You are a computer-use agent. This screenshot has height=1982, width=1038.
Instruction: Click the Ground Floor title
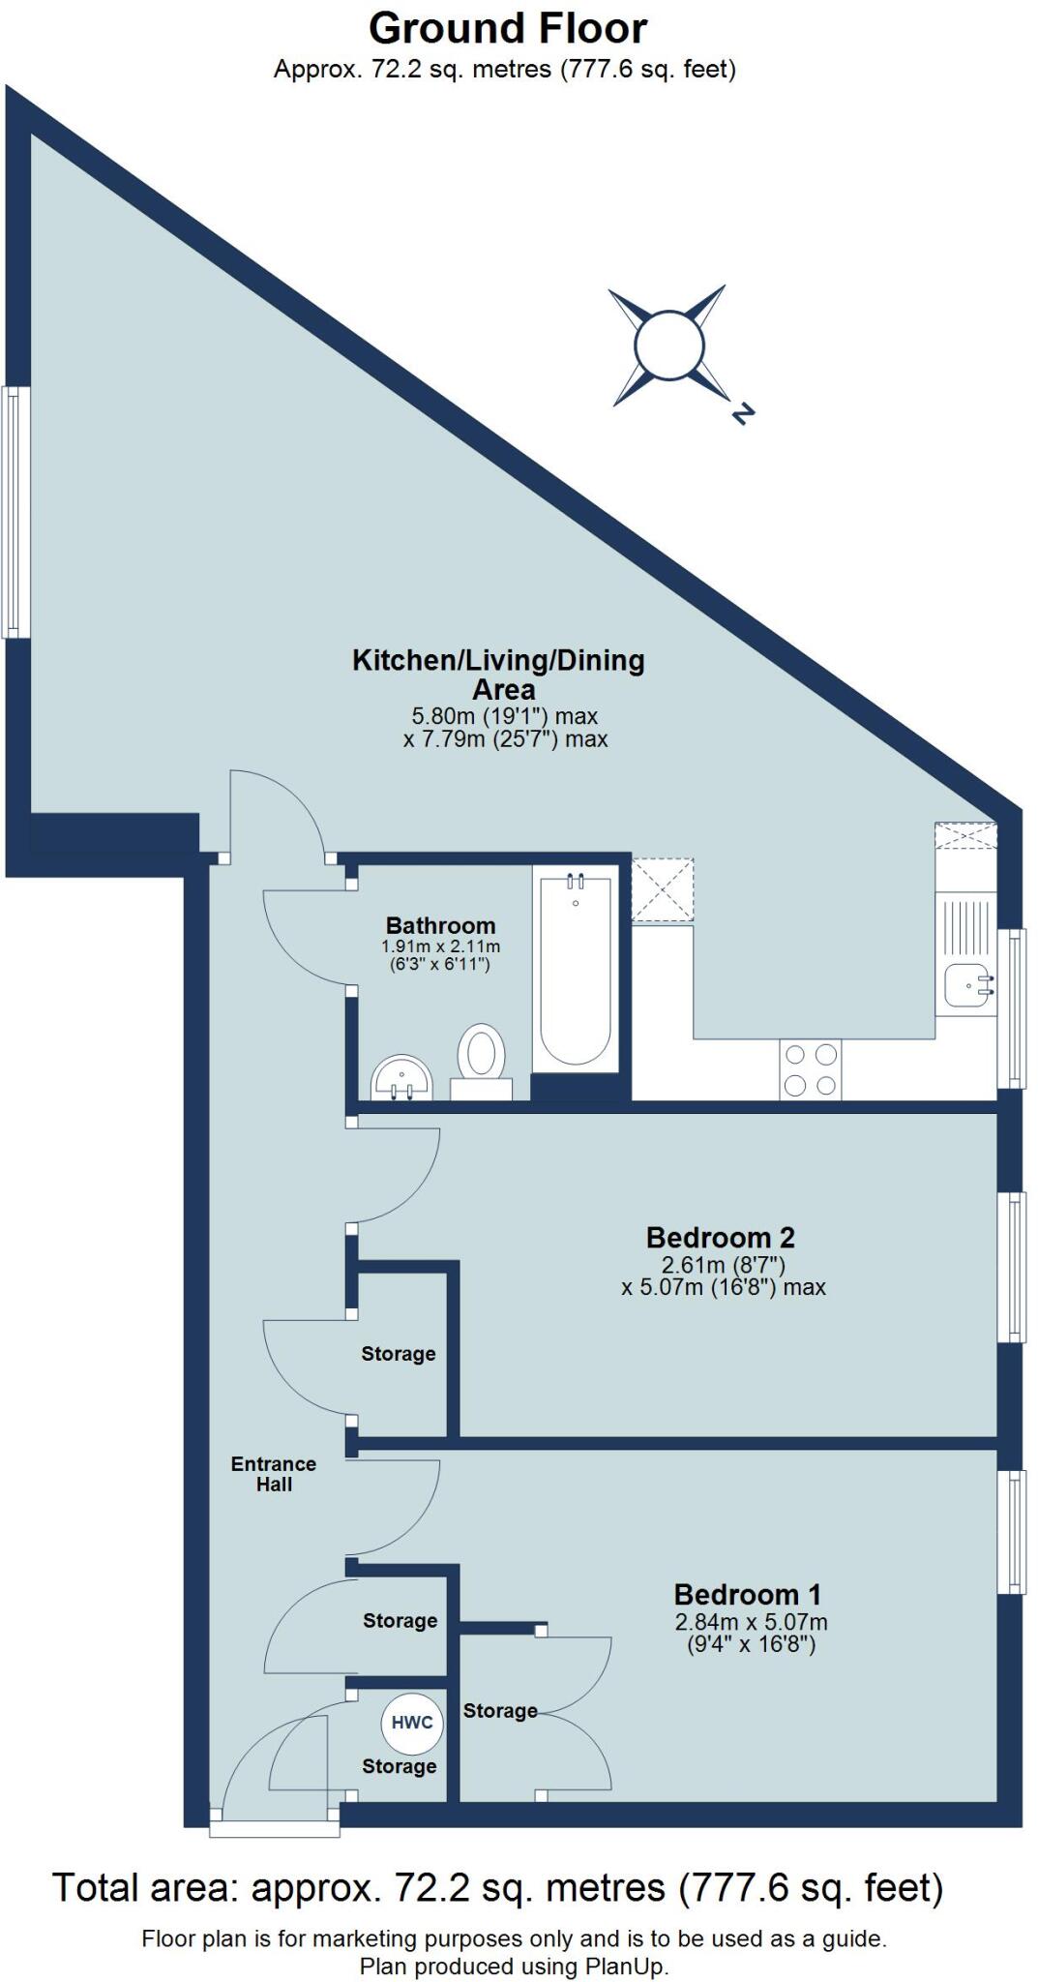(507, 29)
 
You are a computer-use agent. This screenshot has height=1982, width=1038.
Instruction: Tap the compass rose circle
(667, 345)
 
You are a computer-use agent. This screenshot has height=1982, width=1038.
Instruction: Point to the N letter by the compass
(742, 414)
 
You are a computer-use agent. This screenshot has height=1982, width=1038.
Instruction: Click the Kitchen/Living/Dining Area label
(498, 675)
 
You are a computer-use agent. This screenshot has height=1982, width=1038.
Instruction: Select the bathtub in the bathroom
(576, 971)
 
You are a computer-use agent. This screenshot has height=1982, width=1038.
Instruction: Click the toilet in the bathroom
(481, 1056)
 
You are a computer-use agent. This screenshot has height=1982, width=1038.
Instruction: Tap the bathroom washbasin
(400, 1078)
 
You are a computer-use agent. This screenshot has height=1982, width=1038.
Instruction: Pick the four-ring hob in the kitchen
(810, 1070)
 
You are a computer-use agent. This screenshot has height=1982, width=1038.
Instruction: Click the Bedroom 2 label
(720, 1237)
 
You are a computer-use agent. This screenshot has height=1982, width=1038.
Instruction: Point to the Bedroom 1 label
(747, 1594)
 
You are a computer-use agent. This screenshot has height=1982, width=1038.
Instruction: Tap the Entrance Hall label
(274, 1474)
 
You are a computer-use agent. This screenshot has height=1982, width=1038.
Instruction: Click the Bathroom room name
(440, 925)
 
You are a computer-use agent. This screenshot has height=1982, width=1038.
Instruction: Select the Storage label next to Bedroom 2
(398, 1354)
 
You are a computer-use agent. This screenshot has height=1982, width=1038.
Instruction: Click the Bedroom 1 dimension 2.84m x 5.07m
(751, 1622)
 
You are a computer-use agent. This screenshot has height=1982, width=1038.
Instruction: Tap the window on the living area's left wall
(14, 512)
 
